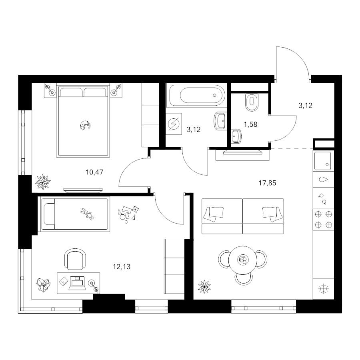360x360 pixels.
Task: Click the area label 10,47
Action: point(94,172)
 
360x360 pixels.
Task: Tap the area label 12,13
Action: point(122,267)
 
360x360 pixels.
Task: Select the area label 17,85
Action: point(268,183)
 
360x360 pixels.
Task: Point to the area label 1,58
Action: point(250,124)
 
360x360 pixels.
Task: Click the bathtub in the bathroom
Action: point(197,95)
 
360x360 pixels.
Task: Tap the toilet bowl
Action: point(252,102)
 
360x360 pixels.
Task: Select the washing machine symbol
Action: point(174,124)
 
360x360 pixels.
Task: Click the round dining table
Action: point(243,260)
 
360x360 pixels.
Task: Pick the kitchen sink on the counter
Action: point(323,161)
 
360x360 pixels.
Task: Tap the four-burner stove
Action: point(324,220)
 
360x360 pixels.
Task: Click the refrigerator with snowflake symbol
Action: point(324,288)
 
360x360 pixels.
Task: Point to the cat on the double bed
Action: point(85,125)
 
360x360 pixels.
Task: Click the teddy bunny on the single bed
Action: point(88,214)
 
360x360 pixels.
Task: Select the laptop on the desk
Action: point(77,283)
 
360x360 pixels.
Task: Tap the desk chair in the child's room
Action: point(75,258)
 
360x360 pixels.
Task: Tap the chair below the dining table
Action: point(244,280)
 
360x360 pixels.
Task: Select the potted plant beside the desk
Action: point(43,285)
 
